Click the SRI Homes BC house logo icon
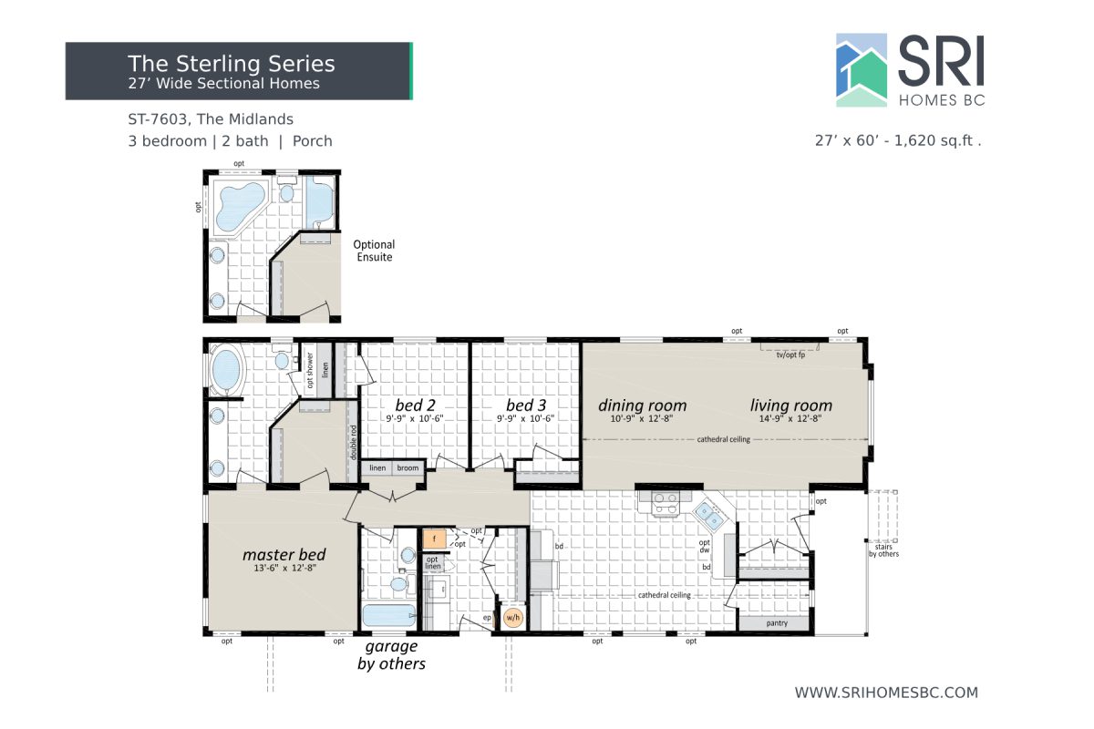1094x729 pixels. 862,70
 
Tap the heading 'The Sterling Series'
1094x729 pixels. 232,63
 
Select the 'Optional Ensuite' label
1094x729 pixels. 374,251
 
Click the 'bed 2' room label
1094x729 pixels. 416,405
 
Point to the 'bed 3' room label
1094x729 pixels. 526,405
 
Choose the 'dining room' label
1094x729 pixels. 642,406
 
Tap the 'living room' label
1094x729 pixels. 790,406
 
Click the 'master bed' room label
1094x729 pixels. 284,554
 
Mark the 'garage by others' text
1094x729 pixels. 391,654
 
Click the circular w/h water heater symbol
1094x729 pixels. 513,618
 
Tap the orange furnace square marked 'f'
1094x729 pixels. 435,539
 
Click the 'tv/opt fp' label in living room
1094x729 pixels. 790,354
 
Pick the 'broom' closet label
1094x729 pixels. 408,468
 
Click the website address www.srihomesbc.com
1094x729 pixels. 886,693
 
